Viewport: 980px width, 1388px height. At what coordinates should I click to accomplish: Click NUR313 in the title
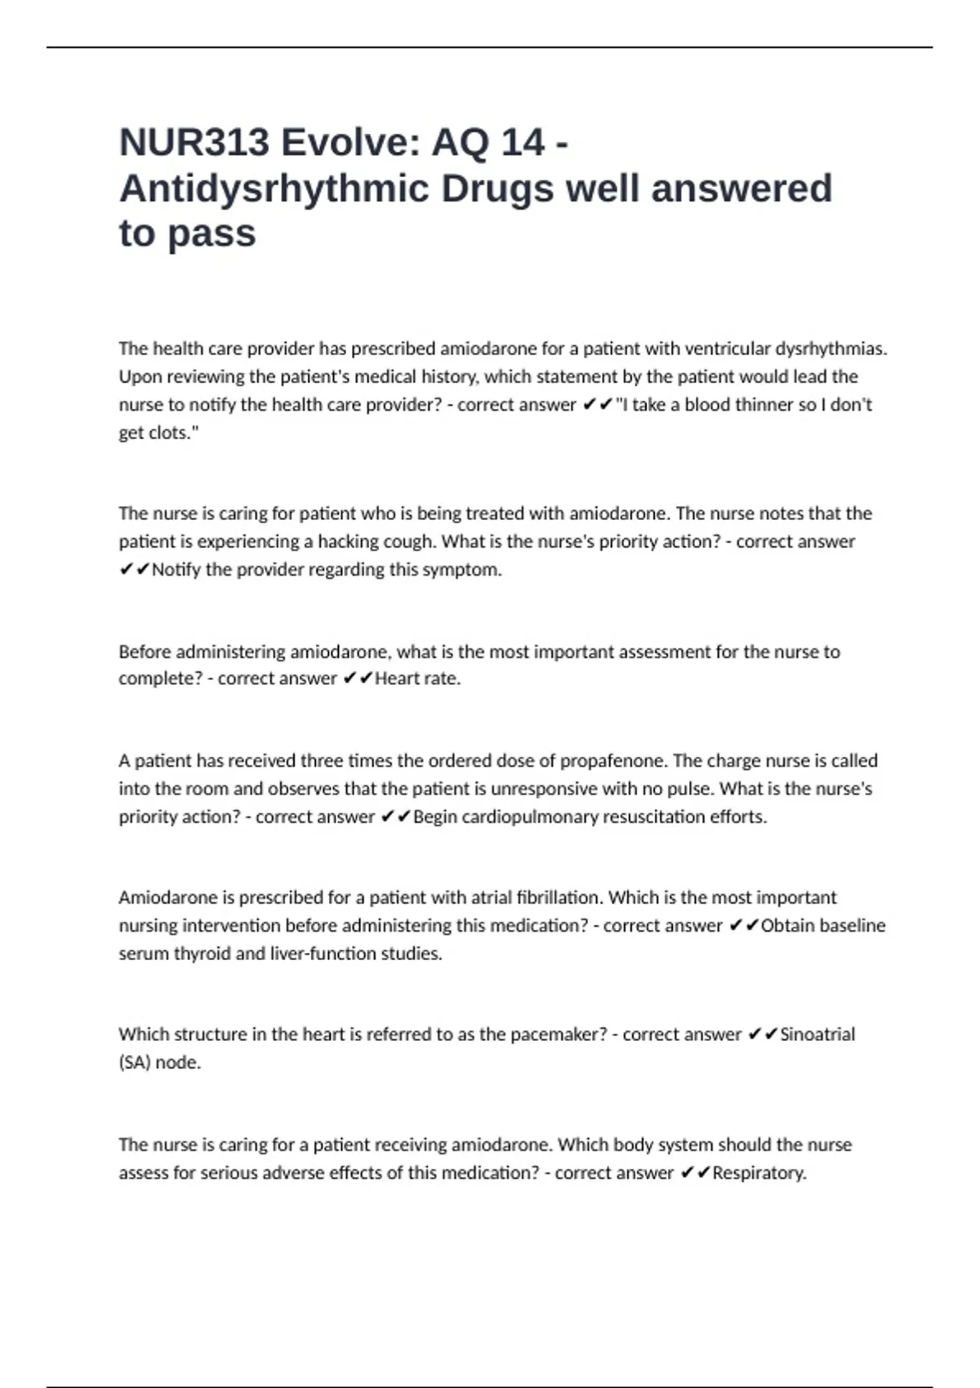click(x=194, y=143)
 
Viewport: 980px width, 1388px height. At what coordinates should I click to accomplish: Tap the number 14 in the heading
click(x=523, y=143)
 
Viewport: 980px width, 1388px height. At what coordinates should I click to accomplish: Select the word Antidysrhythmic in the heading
click(x=274, y=189)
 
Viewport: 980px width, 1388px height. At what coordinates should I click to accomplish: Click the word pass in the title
click(x=212, y=234)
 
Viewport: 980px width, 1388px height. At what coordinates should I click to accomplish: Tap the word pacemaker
click(x=559, y=1034)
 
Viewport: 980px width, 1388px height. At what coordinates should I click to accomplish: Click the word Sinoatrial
click(x=817, y=1034)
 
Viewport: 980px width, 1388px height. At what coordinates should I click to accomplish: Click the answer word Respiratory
click(x=759, y=1172)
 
